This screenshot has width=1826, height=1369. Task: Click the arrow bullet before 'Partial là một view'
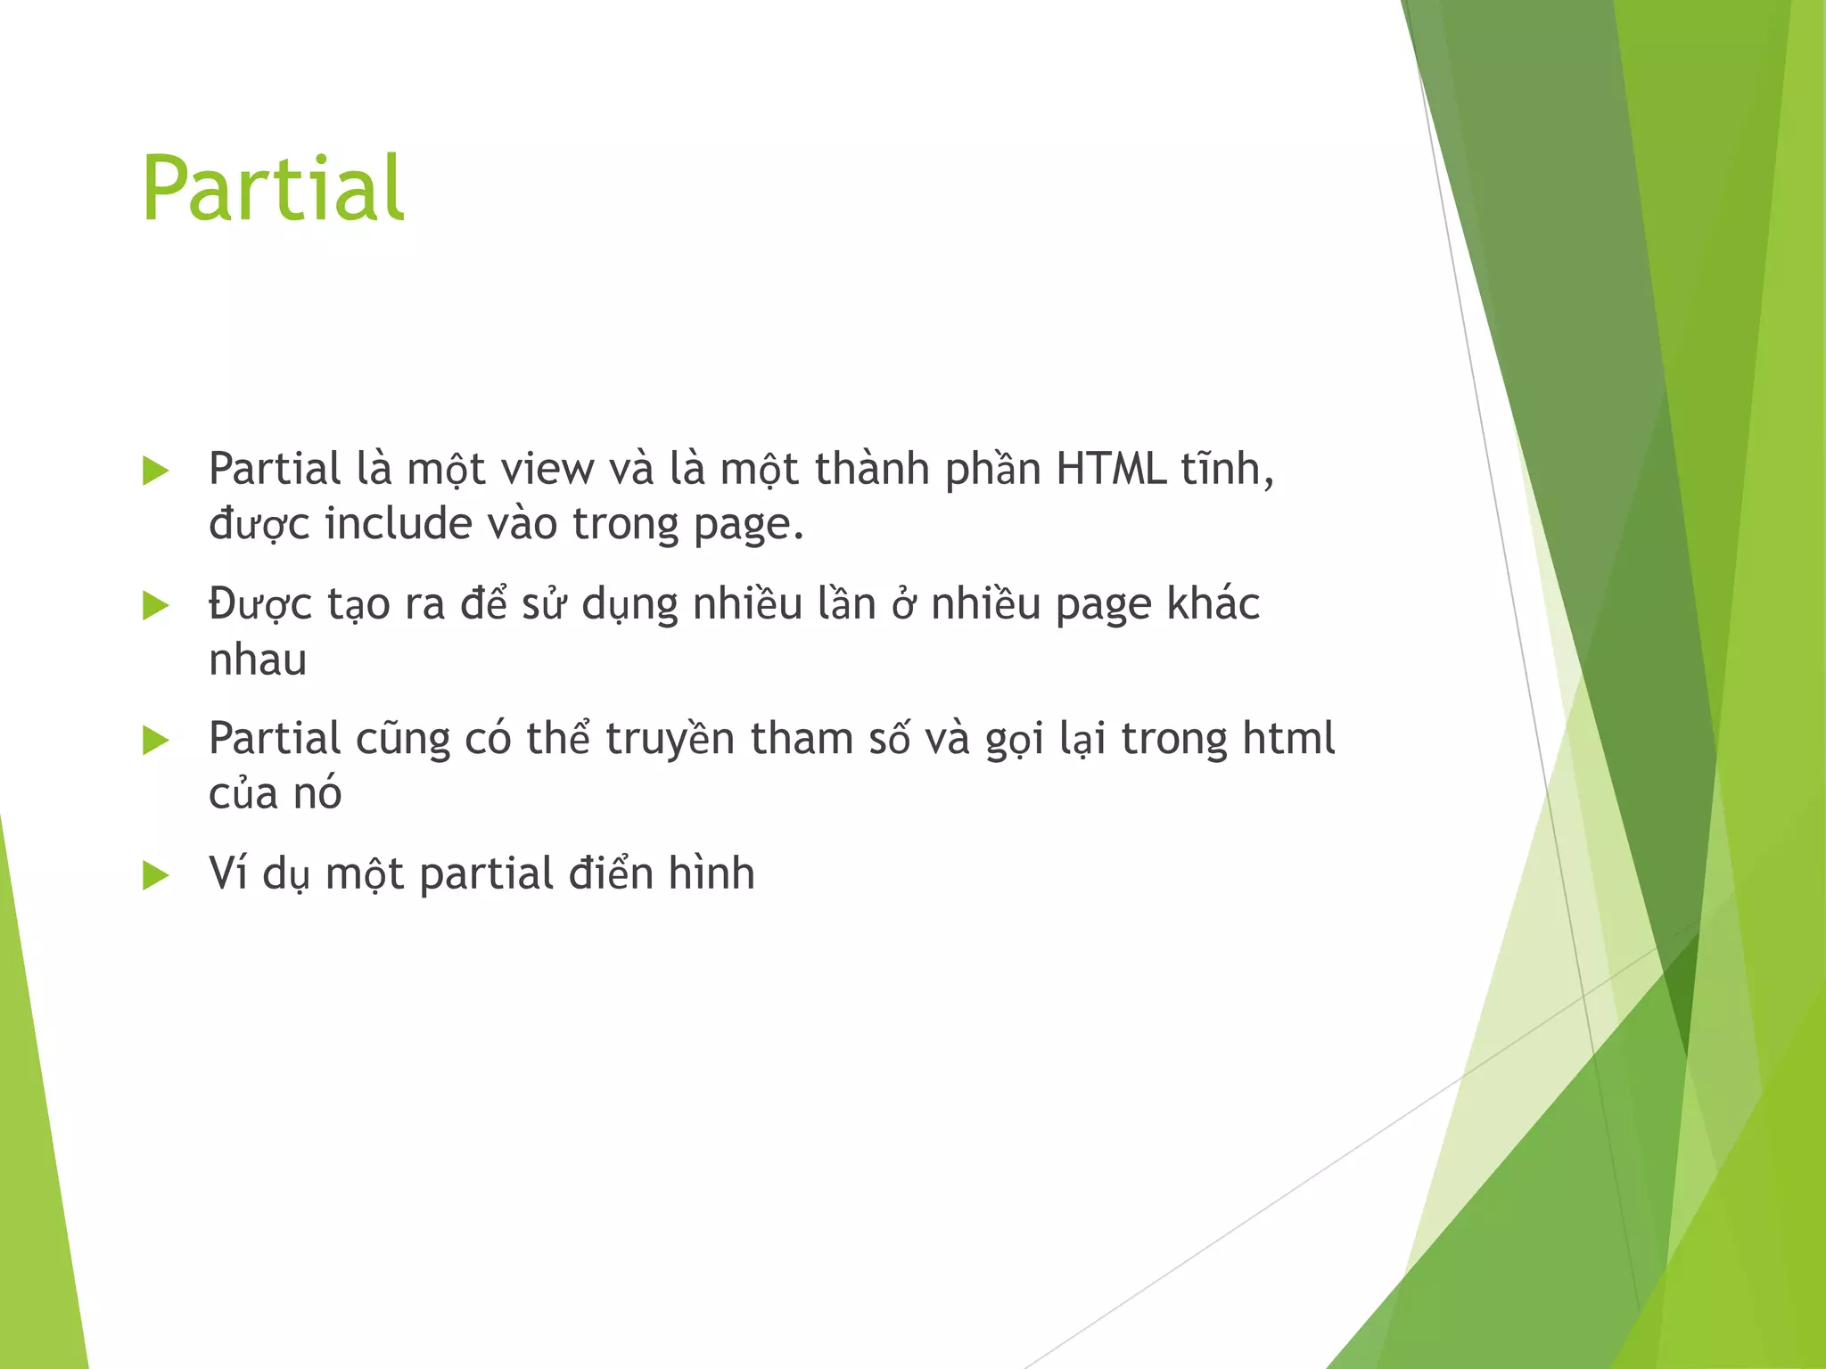point(155,471)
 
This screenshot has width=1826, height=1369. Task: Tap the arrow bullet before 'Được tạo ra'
point(155,606)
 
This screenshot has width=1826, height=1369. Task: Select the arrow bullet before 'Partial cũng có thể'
point(155,740)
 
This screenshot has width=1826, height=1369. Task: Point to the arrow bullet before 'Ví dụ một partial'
point(155,875)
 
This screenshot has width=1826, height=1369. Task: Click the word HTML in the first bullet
point(1111,469)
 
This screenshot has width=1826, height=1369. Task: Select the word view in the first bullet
point(547,469)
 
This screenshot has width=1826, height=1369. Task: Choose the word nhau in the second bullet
point(258,660)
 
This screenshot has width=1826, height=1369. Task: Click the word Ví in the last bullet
point(228,873)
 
